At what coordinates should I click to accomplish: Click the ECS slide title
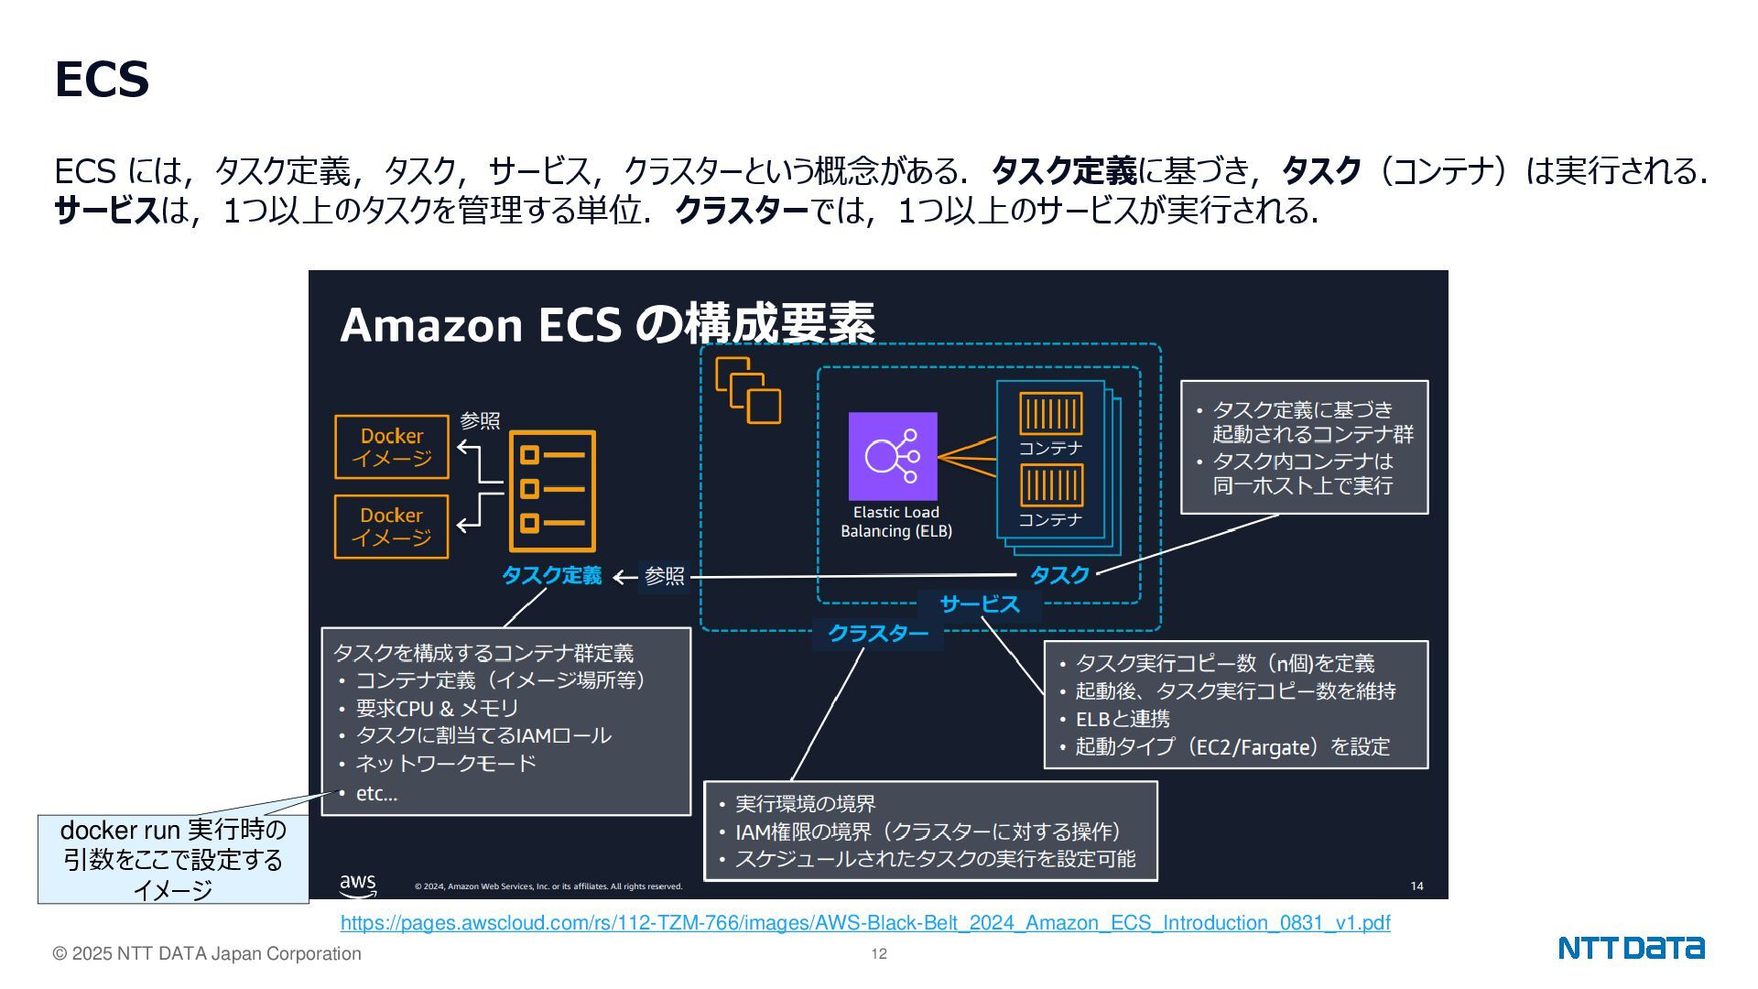click(x=102, y=80)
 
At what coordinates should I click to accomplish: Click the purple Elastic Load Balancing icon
click(x=893, y=456)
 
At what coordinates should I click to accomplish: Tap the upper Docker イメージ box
click(x=392, y=447)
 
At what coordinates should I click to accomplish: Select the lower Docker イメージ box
click(x=392, y=527)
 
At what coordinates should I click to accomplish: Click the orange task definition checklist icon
click(x=552, y=491)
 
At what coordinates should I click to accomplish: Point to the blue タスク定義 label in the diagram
click(x=551, y=575)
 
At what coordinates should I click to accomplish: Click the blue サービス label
click(x=979, y=604)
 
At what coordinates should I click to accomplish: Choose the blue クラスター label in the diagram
click(x=877, y=634)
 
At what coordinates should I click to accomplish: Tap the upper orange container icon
click(x=1050, y=413)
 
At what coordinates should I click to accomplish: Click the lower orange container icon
click(x=1050, y=484)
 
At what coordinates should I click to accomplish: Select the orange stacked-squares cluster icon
click(x=748, y=391)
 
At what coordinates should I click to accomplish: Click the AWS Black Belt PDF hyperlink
click(x=865, y=923)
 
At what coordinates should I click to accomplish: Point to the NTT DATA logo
click(x=1631, y=948)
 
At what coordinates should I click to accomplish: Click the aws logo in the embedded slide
click(x=357, y=884)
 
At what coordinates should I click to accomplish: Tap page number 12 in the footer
click(x=879, y=954)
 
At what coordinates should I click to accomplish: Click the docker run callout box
click(x=173, y=859)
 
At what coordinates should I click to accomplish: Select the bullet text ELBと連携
click(x=1122, y=719)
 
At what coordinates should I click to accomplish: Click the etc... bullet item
click(x=376, y=794)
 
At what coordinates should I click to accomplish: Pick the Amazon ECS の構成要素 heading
click(x=606, y=324)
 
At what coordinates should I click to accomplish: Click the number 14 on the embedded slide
click(x=1416, y=886)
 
